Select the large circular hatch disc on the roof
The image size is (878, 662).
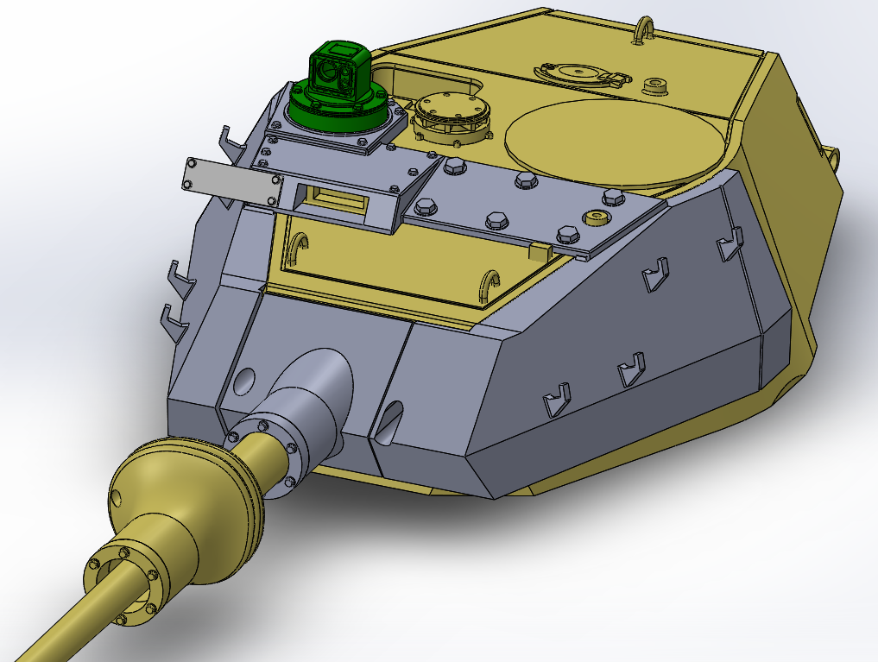[x=613, y=142]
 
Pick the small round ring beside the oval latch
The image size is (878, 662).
[x=656, y=85]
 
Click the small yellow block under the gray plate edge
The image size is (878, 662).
[x=540, y=252]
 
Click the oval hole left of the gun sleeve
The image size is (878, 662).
[x=245, y=379]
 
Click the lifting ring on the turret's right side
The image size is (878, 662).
[x=833, y=156]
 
